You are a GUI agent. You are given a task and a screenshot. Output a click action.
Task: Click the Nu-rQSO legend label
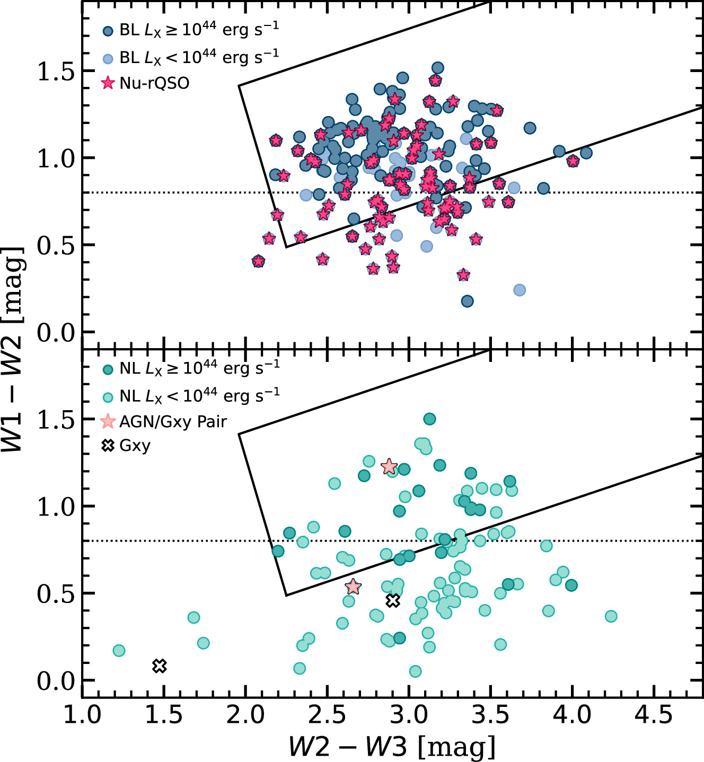pos(154,83)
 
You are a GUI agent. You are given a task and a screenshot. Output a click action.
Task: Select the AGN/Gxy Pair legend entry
pos(173,422)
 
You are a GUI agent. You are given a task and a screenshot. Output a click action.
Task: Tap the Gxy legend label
pos(135,446)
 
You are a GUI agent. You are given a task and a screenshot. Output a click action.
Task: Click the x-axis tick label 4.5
pos(654,715)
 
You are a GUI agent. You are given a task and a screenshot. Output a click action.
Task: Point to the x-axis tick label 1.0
pos(82,715)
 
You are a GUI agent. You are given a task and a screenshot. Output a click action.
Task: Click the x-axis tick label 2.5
pos(327,715)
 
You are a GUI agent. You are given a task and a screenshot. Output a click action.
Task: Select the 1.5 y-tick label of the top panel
pos(55,72)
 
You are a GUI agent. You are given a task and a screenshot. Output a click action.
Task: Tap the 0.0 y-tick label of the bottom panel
pos(55,681)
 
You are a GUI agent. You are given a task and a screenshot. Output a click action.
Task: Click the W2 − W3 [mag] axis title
pos(392,747)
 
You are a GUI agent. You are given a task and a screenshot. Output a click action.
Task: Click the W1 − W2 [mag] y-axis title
pos(13,350)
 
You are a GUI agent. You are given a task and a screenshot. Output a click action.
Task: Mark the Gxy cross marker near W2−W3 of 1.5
pos(160,666)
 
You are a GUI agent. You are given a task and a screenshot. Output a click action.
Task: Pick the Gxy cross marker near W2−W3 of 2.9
pos(392,600)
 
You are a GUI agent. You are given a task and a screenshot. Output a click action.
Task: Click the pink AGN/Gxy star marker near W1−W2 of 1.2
pos(389,466)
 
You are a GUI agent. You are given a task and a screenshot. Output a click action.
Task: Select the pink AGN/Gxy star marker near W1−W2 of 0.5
pos(353,587)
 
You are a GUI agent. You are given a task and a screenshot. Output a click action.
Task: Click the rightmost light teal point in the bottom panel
pos(611,616)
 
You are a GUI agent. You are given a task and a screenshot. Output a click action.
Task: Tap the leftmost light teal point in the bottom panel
pos(119,650)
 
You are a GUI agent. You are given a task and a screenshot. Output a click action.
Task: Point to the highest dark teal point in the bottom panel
pos(429,419)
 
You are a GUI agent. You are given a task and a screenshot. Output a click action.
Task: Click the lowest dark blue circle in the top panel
pos(467,302)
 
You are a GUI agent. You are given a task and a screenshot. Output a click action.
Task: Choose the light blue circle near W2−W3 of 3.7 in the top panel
pos(520,290)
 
